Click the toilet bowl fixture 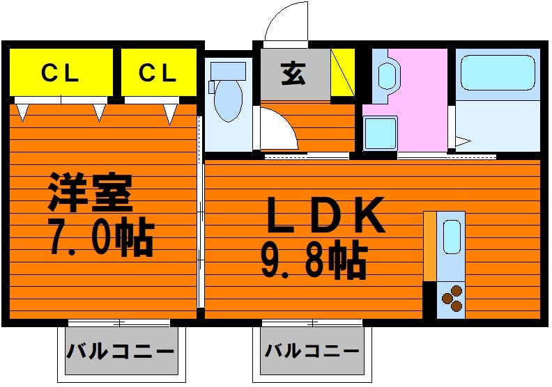(228, 100)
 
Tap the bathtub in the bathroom (498, 73)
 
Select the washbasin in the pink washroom (388, 76)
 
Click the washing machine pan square (381, 134)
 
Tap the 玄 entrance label (293, 74)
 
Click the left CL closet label (60, 73)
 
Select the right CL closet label (158, 73)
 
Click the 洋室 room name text (91, 192)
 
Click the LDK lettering (325, 214)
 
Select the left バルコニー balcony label (120, 351)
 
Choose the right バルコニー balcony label (312, 350)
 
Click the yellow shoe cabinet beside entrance (342, 72)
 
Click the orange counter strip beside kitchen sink (430, 246)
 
